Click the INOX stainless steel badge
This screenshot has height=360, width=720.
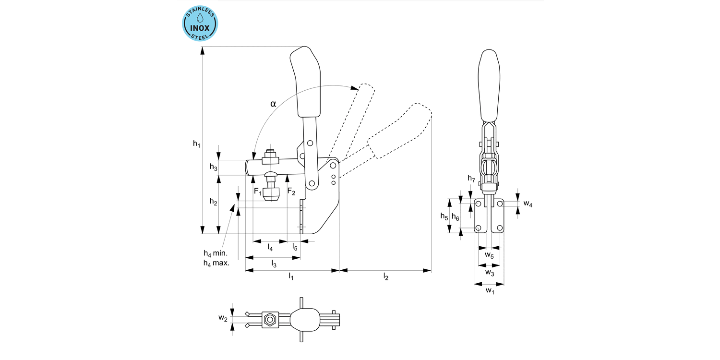click(x=200, y=23)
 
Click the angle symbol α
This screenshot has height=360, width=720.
click(x=273, y=103)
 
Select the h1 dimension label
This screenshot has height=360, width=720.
click(x=196, y=143)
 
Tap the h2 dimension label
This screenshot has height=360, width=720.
click(x=213, y=203)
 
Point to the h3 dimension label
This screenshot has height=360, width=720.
click(x=213, y=167)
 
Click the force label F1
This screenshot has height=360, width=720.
click(x=258, y=192)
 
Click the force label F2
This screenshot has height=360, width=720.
click(x=291, y=192)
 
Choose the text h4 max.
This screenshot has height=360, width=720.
click(x=216, y=263)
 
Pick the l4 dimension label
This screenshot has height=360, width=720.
click(x=270, y=248)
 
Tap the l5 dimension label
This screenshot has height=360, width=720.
click(x=295, y=248)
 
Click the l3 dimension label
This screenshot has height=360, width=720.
click(x=274, y=264)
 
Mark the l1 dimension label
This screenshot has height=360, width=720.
click(x=291, y=276)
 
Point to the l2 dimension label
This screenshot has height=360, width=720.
click(x=385, y=276)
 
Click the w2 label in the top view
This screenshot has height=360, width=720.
click(x=222, y=318)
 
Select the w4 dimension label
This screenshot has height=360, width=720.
click(x=528, y=204)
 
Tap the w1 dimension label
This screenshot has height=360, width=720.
click(x=489, y=290)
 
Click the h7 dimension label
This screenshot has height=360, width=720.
click(x=471, y=179)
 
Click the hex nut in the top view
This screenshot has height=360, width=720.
click(x=270, y=319)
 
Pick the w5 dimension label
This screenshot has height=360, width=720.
click(x=489, y=254)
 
